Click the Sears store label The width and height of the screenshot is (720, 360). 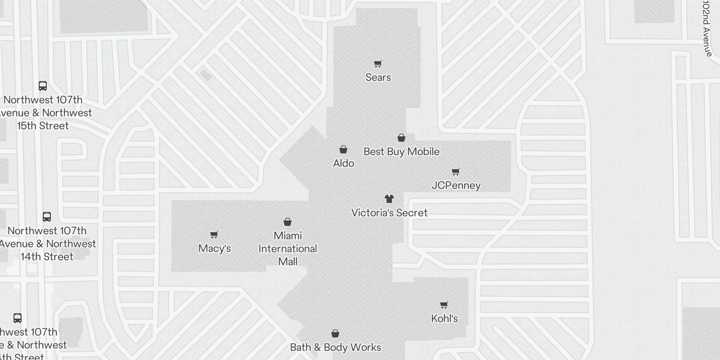(x=378, y=77)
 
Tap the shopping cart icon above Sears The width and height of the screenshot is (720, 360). (x=378, y=64)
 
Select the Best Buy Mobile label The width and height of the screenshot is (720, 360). (x=401, y=152)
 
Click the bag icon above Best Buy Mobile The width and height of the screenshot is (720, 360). (x=401, y=138)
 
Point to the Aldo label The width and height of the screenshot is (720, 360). (x=343, y=163)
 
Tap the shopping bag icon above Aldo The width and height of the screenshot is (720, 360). (x=343, y=149)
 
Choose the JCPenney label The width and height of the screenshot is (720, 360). (x=456, y=185)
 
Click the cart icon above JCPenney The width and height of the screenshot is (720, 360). (x=456, y=171)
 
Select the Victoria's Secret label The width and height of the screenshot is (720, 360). (x=389, y=213)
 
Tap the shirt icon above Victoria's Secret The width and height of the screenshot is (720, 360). (x=389, y=198)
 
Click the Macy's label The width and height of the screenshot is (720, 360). (x=215, y=248)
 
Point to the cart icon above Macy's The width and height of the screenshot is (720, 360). (x=214, y=234)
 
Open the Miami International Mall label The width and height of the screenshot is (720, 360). (x=288, y=248)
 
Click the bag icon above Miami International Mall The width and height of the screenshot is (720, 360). (x=288, y=222)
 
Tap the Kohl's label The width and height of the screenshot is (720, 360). (x=444, y=319)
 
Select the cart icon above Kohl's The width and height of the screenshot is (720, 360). (x=444, y=305)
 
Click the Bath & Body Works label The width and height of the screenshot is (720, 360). (x=335, y=347)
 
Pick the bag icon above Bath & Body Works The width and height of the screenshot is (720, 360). (x=335, y=333)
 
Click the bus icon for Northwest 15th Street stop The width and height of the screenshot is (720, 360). (x=43, y=85)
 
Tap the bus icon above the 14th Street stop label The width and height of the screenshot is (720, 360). (x=47, y=216)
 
